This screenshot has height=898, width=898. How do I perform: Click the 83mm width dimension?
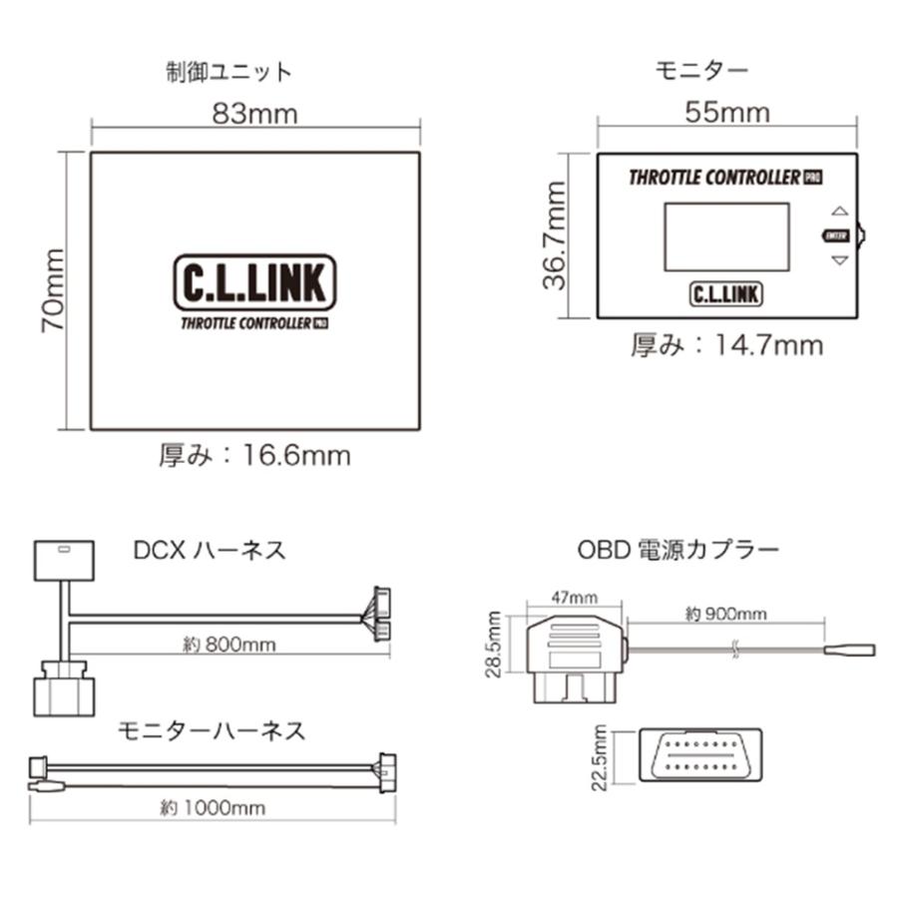point(254,114)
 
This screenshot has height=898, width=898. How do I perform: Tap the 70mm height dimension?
point(53,290)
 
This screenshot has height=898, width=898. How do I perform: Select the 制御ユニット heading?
point(229,72)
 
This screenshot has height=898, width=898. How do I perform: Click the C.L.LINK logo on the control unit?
point(254,282)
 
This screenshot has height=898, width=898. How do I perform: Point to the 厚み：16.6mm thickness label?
point(254,456)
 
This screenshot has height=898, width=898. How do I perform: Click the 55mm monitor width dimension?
point(727,112)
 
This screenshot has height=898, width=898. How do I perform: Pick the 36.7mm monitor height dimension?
point(555,235)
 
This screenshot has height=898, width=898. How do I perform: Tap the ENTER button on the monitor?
point(836,235)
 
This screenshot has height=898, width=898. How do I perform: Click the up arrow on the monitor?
point(839,211)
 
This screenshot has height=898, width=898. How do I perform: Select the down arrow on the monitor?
point(839,260)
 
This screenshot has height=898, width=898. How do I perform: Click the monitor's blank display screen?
point(726,236)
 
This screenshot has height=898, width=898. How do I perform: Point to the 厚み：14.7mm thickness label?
point(727,345)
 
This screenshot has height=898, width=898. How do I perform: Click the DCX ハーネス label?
point(210,551)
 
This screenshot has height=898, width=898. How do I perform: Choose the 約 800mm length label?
point(229,645)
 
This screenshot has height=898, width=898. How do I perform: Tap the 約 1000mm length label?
point(213,808)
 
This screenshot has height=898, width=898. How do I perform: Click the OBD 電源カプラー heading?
point(678,549)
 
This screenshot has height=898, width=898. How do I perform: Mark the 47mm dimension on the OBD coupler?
point(575,598)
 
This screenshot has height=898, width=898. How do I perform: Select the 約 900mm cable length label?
point(725,614)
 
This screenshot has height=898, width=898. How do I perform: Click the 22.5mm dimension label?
point(599,757)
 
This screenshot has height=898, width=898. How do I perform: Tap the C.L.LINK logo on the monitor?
point(726,294)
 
